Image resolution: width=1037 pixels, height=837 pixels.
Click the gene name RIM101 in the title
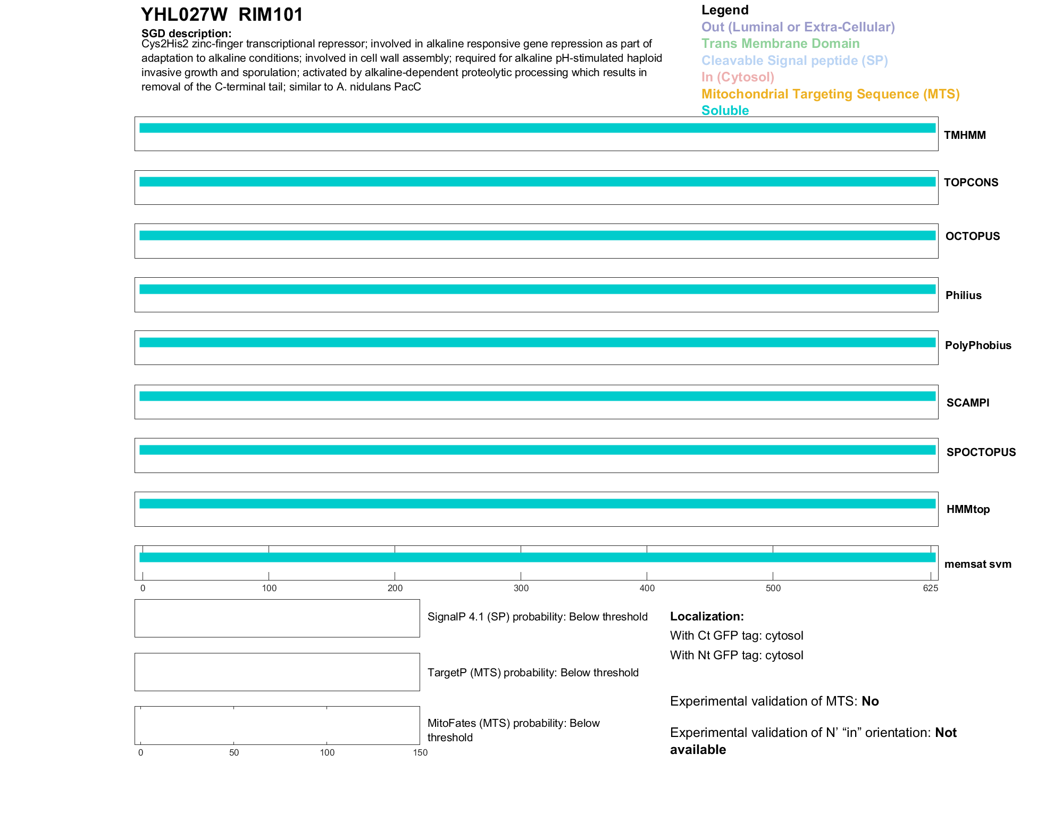pos(271,15)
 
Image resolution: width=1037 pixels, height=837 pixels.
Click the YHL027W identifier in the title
pos(184,15)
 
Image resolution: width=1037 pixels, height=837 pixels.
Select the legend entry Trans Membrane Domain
pos(780,44)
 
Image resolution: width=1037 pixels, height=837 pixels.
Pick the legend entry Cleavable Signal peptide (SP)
pos(795,61)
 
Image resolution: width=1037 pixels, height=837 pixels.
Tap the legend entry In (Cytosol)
pos(738,77)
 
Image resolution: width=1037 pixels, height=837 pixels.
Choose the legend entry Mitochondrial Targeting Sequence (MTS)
pos(830,94)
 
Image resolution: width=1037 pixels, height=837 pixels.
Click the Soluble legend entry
pos(725,111)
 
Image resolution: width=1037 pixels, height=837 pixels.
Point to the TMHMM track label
pos(965,135)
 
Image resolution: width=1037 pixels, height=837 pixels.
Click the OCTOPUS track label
pos(972,236)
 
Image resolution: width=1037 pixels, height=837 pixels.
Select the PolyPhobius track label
pos(978,345)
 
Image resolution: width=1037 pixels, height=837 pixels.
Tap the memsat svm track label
pos(977,564)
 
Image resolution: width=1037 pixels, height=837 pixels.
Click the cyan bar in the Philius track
pos(537,289)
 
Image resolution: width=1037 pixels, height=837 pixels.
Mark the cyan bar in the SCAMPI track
pos(537,396)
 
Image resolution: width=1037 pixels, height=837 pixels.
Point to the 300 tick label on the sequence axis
pos(521,588)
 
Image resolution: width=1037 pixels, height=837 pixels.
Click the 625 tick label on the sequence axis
pos(930,588)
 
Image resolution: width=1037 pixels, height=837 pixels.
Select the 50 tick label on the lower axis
pos(234,752)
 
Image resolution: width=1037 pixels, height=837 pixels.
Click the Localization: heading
pos(707,616)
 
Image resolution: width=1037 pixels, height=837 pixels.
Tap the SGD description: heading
pos(186,34)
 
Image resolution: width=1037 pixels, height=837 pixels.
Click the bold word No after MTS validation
pos(870,701)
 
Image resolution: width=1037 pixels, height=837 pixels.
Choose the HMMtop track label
pos(968,509)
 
